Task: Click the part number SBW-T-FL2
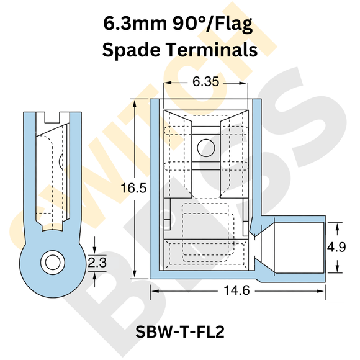point(179,332)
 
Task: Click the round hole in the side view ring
point(52,261)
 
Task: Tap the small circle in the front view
point(204,146)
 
